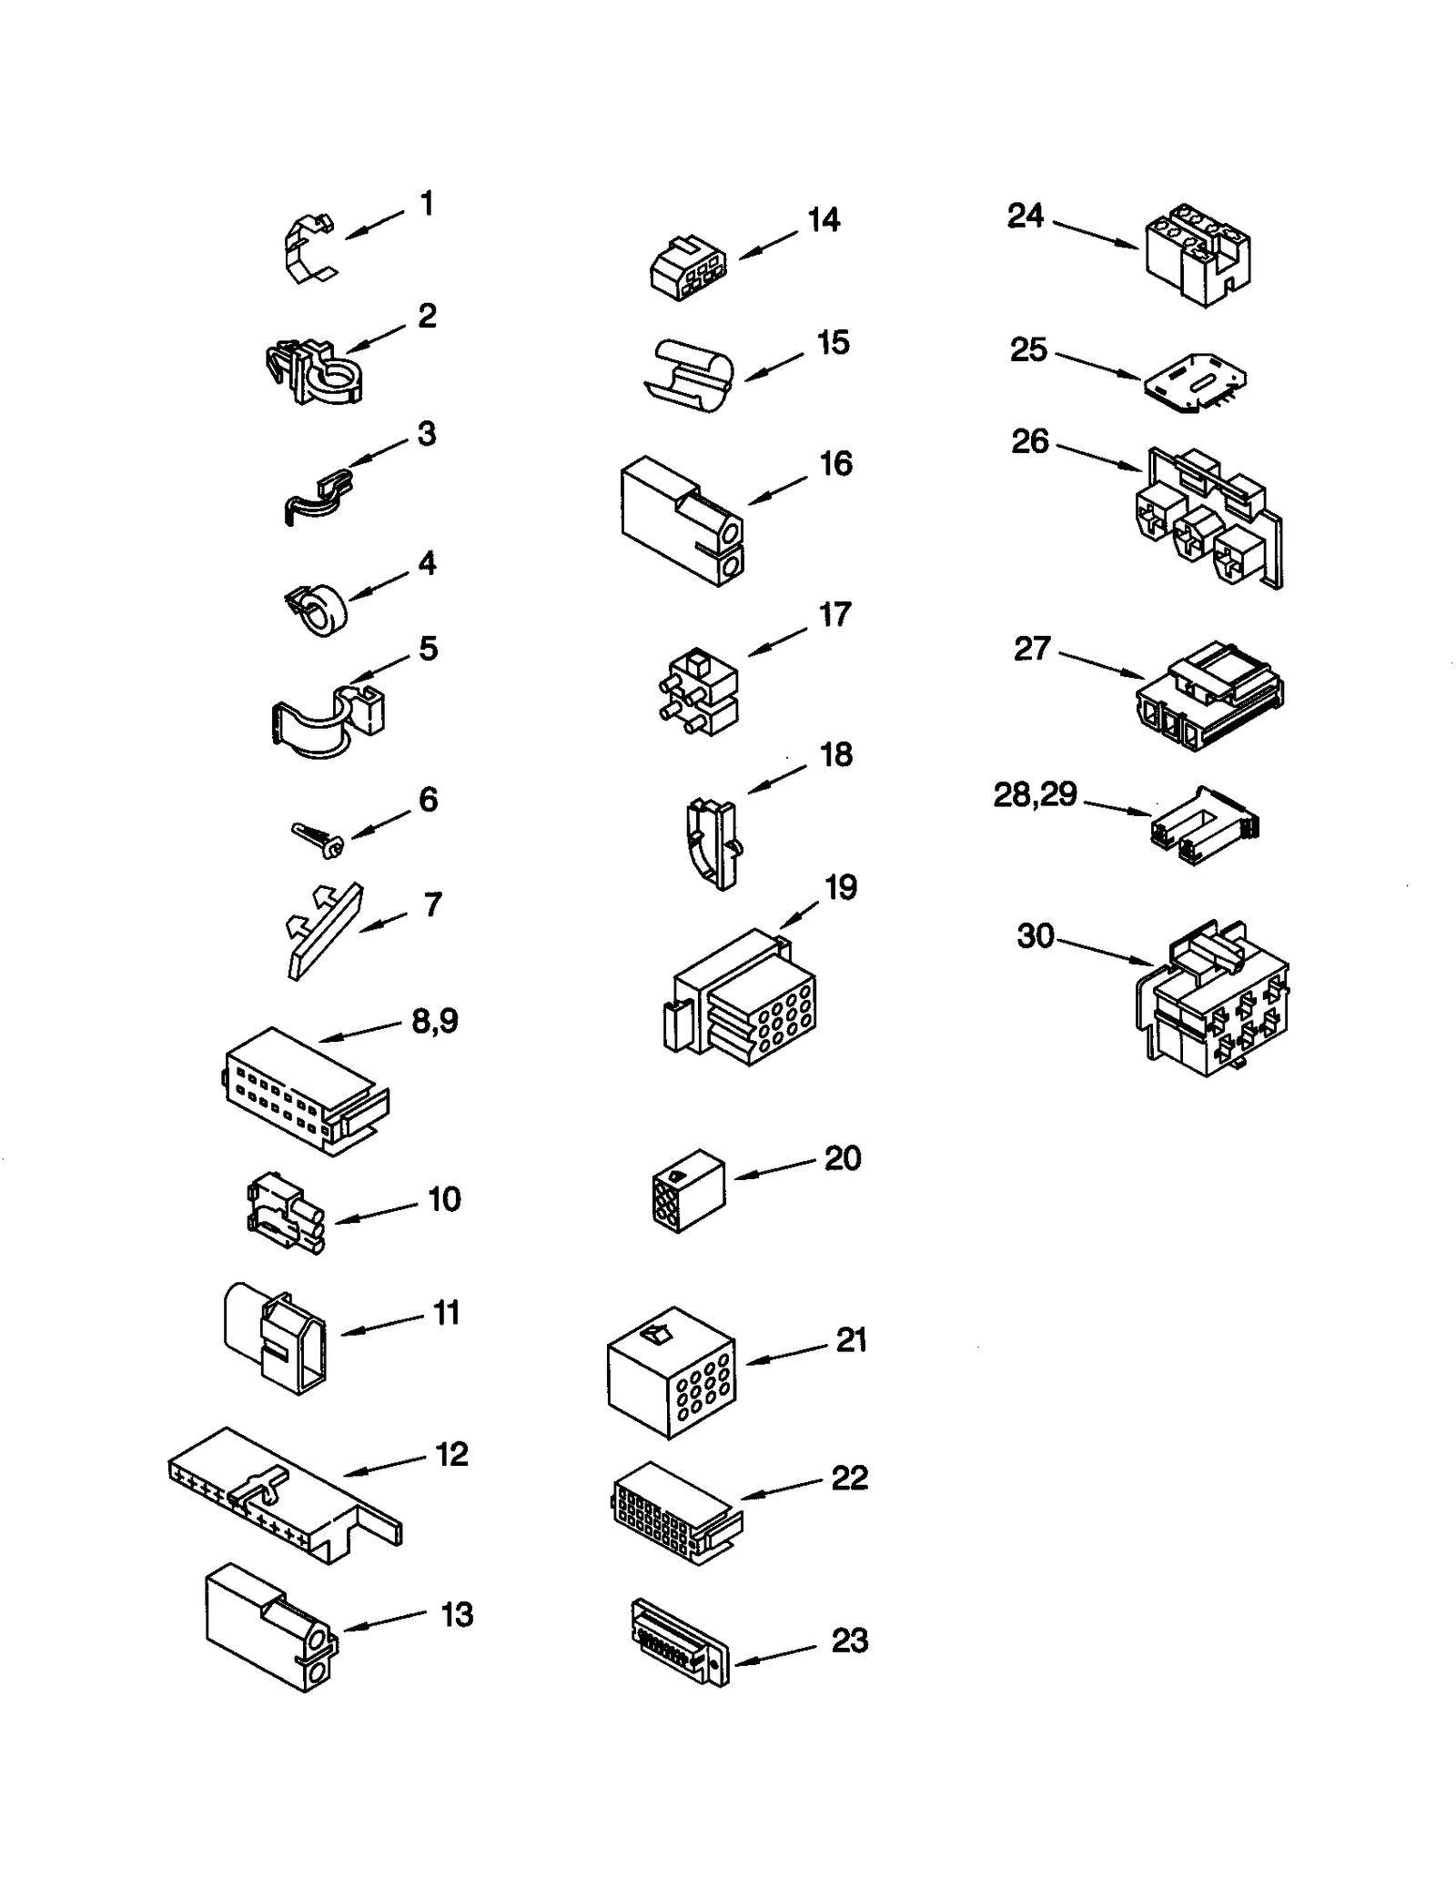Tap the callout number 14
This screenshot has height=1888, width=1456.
click(x=824, y=220)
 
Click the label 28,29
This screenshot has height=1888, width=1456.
click(x=1035, y=795)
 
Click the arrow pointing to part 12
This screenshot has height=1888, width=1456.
click(x=385, y=1465)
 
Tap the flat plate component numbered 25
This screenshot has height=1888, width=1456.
click(x=1195, y=383)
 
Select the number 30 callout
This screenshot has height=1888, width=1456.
click(x=1035, y=935)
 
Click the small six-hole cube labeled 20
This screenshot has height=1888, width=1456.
click(x=689, y=1190)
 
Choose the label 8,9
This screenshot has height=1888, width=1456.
click(x=435, y=1021)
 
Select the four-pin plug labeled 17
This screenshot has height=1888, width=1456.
click(x=697, y=693)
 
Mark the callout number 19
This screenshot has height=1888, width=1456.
click(x=841, y=887)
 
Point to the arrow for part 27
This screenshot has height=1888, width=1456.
click(x=1102, y=664)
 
